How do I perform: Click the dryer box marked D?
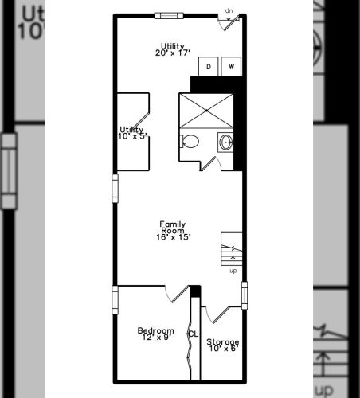point(209,66)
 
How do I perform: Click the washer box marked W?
point(231,66)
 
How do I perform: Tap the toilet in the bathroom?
point(190,142)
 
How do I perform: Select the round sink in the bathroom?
point(226,142)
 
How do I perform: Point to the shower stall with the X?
point(206,111)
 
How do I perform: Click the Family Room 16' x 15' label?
point(173,231)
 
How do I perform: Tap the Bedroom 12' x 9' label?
point(156,334)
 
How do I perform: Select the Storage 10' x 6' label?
point(223,345)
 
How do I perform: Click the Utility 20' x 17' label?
point(173,49)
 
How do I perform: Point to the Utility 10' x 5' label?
point(132,133)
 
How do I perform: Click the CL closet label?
point(194,334)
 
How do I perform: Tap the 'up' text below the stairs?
point(233,271)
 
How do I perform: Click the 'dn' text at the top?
point(229,11)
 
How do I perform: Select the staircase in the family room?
point(232,249)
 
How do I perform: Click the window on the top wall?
point(169,16)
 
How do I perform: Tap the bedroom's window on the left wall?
point(115,300)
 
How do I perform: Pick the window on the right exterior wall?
point(245,295)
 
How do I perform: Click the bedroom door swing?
point(177,294)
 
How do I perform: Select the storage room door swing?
point(217,315)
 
